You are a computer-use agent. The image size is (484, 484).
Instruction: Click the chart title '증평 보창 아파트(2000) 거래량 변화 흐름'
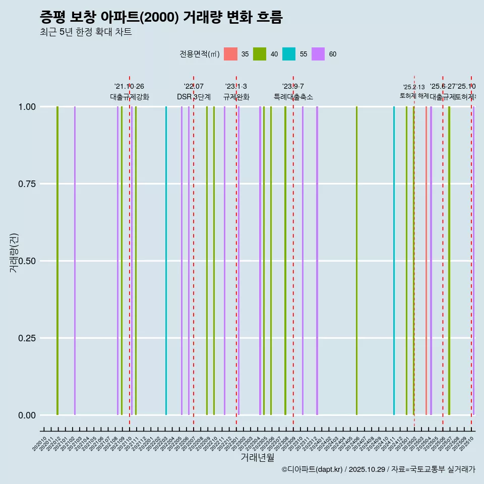tap(161, 17)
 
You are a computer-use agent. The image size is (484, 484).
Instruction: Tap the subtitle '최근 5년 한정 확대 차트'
tap(86, 32)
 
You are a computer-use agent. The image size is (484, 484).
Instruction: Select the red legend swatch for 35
tap(230, 54)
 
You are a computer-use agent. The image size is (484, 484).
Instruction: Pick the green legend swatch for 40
tap(260, 54)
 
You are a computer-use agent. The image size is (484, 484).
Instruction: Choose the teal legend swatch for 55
tap(289, 54)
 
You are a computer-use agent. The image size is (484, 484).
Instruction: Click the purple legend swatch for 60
tap(318, 54)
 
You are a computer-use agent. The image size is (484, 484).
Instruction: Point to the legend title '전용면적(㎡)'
tap(199, 54)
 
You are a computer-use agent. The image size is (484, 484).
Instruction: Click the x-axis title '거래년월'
tap(257, 458)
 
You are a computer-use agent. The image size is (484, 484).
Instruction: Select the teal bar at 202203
tap(166, 261)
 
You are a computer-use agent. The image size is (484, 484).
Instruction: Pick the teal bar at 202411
tap(394, 261)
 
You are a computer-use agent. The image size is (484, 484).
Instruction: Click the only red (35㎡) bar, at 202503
tap(426, 261)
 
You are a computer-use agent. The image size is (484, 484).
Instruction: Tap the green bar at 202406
tap(356, 261)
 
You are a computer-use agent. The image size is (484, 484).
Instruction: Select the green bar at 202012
tap(57, 261)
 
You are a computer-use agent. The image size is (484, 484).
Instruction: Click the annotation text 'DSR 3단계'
tap(194, 97)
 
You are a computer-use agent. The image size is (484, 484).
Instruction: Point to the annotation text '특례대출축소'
tap(293, 97)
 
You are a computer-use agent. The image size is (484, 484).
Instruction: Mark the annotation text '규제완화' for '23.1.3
tap(236, 97)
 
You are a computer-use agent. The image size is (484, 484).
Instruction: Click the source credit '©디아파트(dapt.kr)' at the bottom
tap(312, 470)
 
